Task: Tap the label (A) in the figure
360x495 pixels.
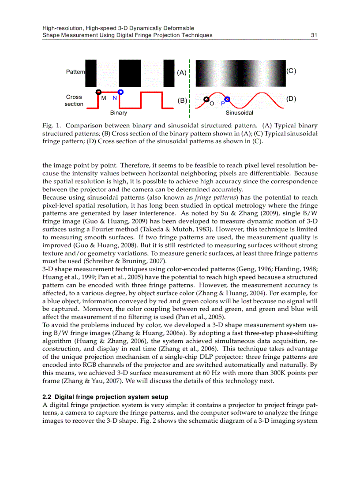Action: [x=181, y=73]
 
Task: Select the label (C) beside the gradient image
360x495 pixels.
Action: [x=291, y=71]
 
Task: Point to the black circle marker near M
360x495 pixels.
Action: [x=99, y=91]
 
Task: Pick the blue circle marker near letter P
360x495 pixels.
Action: [x=227, y=100]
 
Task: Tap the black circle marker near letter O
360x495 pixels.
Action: [x=206, y=100]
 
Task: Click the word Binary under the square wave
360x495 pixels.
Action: [x=118, y=113]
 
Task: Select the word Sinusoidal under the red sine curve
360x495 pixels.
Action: [x=239, y=113]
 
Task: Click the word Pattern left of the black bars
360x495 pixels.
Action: [x=75, y=71]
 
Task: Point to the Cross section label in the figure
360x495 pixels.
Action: [x=74, y=100]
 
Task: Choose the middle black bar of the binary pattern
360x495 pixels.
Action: [x=130, y=73]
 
